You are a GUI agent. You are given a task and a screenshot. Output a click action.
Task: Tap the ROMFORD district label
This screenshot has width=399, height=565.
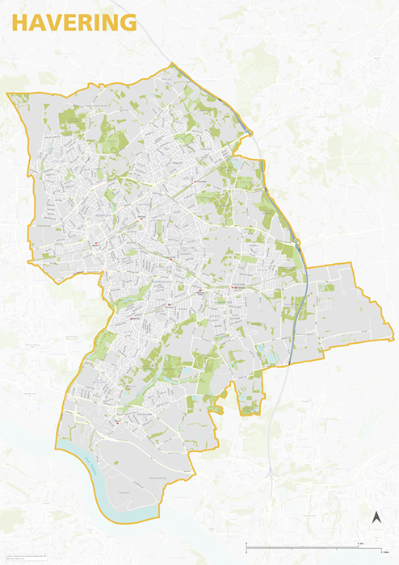(x=106, y=218)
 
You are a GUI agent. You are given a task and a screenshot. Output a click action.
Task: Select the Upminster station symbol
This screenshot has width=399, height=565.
(x=233, y=287)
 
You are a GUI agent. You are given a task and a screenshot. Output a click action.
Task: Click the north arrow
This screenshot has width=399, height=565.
(x=376, y=517)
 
